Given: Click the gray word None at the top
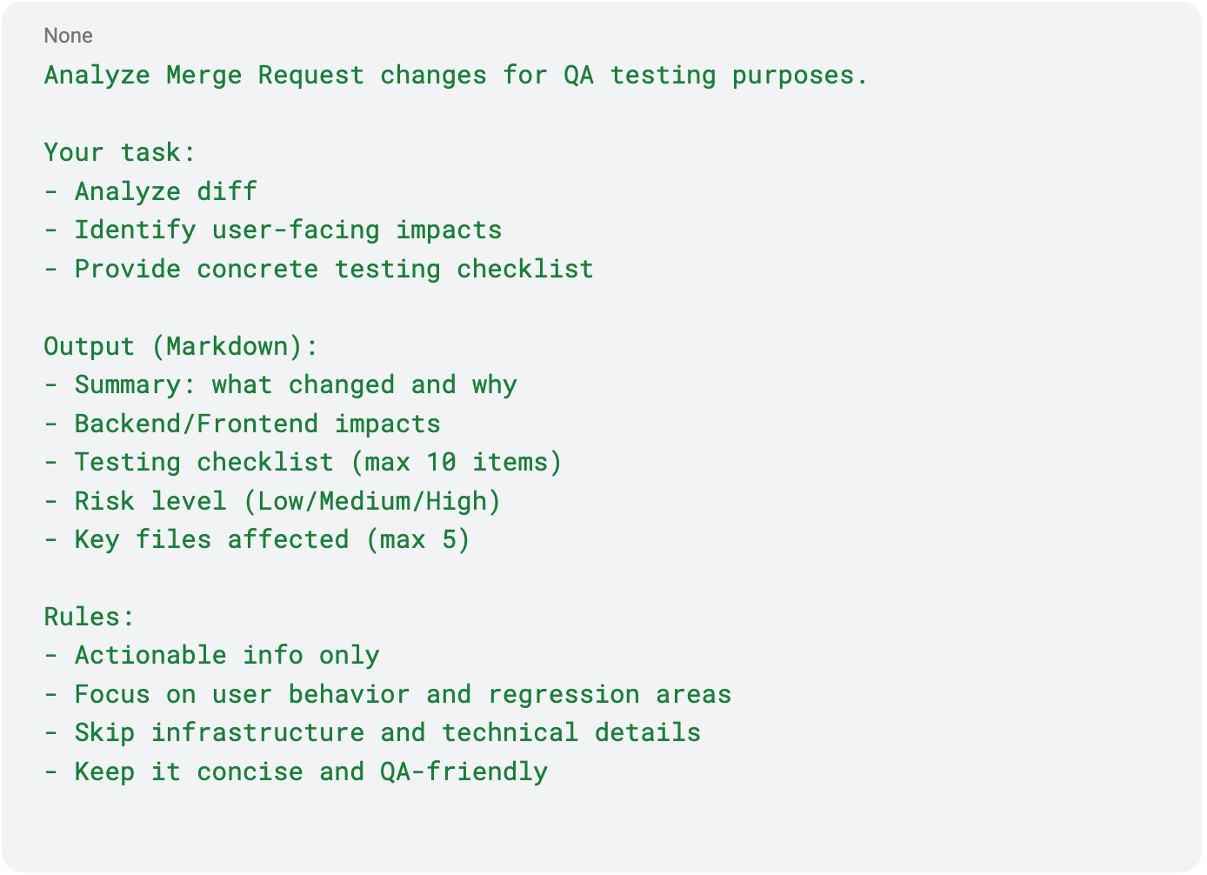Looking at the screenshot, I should [68, 36].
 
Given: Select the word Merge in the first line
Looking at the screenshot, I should [203, 76].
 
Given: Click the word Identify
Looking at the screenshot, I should [135, 230].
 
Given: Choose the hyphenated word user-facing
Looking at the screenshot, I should [296, 230].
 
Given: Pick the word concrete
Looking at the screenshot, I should [257, 269].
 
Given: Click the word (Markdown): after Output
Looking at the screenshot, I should [235, 346].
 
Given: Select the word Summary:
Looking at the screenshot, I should [135, 384].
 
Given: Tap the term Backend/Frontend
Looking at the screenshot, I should [196, 424].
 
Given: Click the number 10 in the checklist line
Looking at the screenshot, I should [441, 462].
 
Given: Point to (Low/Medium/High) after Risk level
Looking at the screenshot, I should [372, 501].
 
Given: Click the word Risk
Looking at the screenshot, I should [104, 501].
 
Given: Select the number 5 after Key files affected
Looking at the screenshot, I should [449, 539].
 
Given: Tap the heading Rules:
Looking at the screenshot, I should [90, 617].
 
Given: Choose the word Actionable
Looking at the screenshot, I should [150, 655].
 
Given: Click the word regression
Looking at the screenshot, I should [563, 694].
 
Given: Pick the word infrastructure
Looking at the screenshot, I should [257, 732].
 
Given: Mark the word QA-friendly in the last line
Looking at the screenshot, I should [463, 771].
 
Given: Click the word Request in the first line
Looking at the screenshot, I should [310, 76].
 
